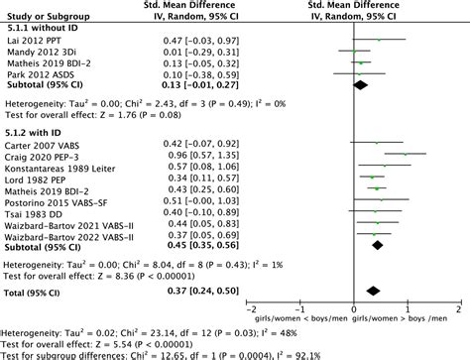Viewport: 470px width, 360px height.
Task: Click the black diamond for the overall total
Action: pyautogui.click(x=374, y=291)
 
